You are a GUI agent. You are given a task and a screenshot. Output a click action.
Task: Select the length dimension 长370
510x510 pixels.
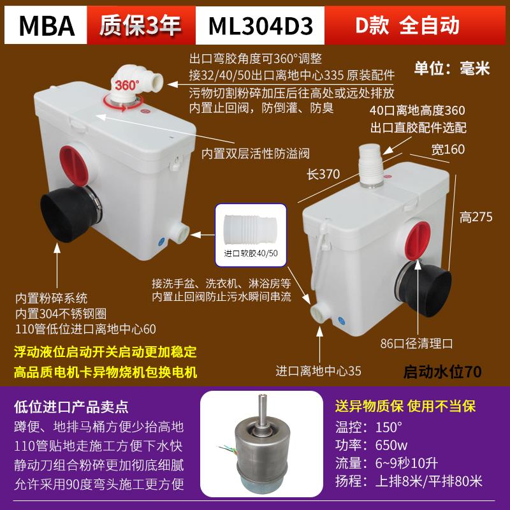pos(324,173)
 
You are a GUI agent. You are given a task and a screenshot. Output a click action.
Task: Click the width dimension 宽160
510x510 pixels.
pos(448,150)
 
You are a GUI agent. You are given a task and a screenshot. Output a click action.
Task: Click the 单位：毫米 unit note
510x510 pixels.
pos(452,68)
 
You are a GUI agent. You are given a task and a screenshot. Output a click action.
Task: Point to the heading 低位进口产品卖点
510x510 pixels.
pos(70,405)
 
